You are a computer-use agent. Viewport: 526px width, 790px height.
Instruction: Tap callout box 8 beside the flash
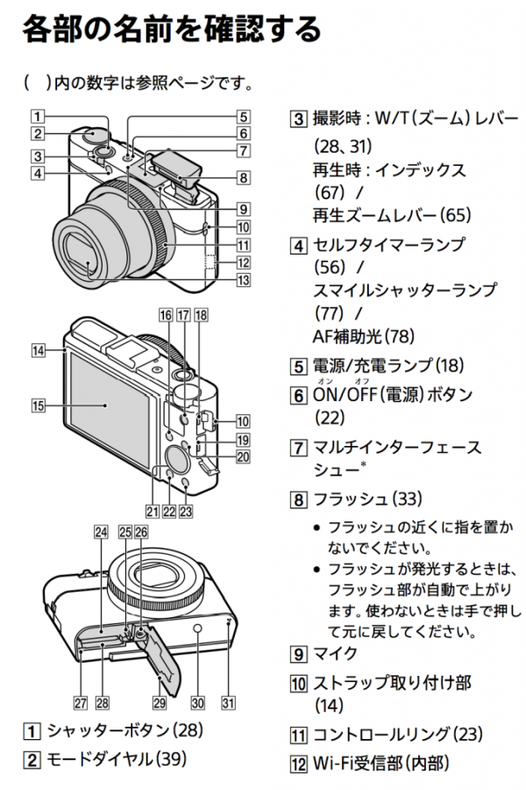[x=243, y=177]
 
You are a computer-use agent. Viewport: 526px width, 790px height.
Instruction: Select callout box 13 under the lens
[x=243, y=281]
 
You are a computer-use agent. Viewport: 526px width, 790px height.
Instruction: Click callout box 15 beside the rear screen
[x=37, y=406]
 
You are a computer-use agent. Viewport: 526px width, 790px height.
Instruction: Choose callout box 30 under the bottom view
[x=197, y=702]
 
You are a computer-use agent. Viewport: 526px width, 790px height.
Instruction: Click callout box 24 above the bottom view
[x=101, y=532]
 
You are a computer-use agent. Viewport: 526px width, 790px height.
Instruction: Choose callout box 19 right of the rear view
[x=243, y=440]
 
